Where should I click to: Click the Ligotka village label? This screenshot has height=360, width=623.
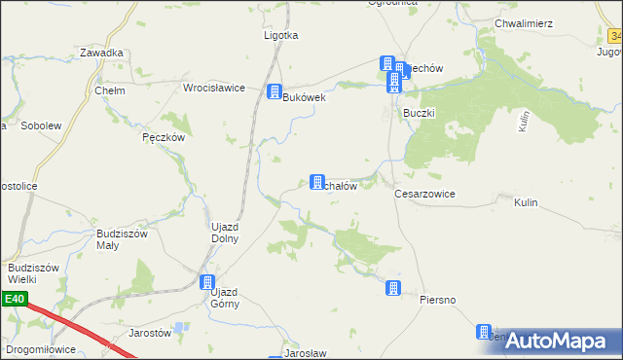pos(280,35)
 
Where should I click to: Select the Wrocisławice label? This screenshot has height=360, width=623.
pos(213,88)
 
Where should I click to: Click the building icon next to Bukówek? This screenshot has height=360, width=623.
pos(275,92)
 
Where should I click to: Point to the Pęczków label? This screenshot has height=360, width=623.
pos(163,138)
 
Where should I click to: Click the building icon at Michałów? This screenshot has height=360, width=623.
pos(316,182)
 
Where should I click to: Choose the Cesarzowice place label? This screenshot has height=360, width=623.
pos(424,194)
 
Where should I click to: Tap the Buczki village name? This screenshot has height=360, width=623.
pos(419,113)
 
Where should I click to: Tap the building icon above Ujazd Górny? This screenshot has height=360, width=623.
pos(207,283)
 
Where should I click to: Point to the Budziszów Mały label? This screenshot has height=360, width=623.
pos(121,239)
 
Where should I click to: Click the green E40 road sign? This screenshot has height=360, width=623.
pos(14,300)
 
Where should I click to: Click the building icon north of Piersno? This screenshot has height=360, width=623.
pos(393,287)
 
